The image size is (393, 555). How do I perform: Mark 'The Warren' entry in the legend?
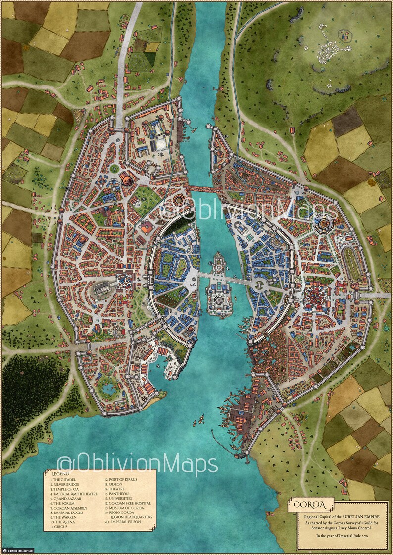coord(65,522)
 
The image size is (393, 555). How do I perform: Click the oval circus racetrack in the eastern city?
coord(352,265)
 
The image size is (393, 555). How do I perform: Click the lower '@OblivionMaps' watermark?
coord(138,464)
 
